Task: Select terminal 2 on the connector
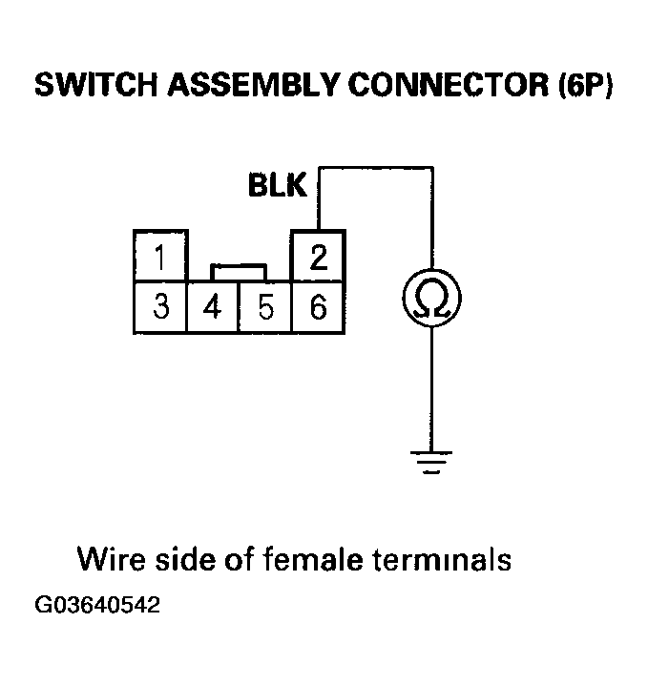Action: click(x=319, y=257)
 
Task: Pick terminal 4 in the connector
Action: click(x=214, y=307)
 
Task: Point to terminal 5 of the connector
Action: click(x=266, y=307)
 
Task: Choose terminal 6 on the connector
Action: click(x=319, y=307)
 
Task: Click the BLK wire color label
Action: click(x=277, y=185)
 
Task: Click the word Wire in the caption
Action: click(x=108, y=557)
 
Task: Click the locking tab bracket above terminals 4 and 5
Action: click(x=239, y=268)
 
